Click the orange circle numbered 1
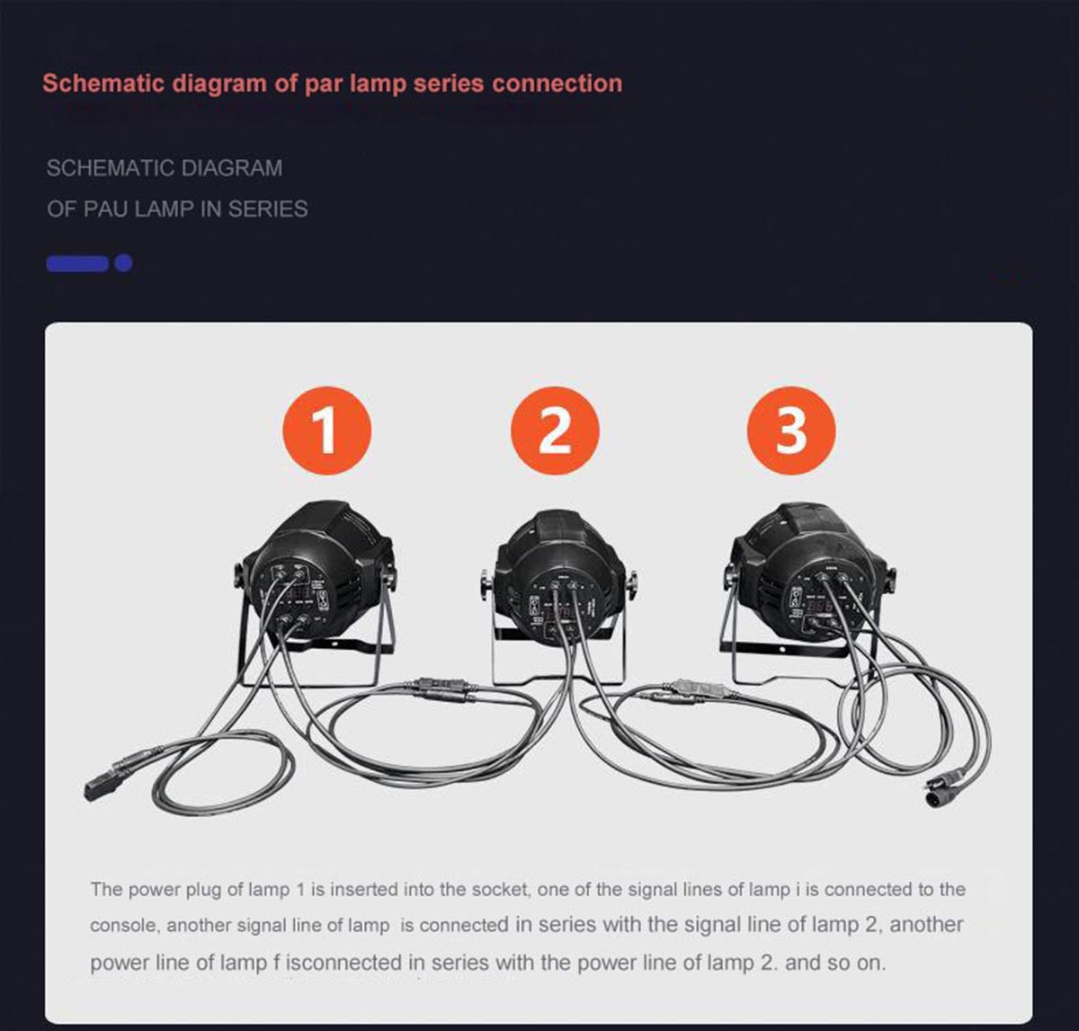326,431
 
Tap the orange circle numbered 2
554,431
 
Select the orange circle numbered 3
791,431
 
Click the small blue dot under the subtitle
124,262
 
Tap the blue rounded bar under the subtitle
76,262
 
